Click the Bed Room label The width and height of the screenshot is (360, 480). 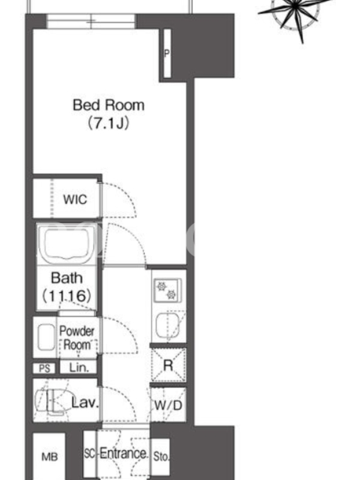pos(109,106)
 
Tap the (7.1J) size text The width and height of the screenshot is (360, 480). pos(109,123)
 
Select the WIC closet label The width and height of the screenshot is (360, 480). pos(75,199)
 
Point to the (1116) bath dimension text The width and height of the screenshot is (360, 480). pos(67,296)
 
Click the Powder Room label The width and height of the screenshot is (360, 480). pos(77,338)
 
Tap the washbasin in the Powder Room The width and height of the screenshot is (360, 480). pos(46,337)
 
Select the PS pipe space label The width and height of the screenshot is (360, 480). pos(44,368)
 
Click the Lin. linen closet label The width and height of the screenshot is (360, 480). pos(79,367)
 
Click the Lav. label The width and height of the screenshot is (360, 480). pos(85,403)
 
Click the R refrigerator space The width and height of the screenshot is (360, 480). pos(169,365)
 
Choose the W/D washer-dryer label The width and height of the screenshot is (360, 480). pos(168,406)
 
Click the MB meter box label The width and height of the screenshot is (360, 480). pos(50,457)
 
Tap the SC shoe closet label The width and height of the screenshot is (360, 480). pos(89,454)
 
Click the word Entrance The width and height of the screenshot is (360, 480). pos(124,453)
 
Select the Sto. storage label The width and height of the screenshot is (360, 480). pos(161,457)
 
